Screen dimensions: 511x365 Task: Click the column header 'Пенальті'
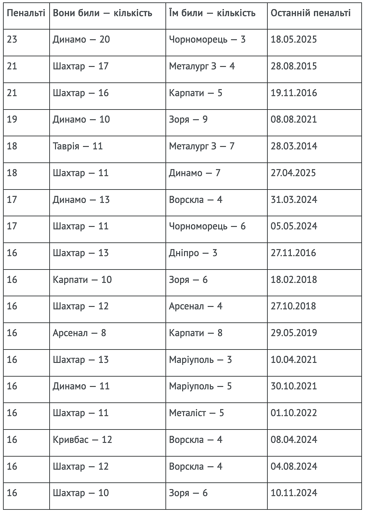click(x=26, y=13)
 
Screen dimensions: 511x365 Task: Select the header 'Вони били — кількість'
click(x=102, y=13)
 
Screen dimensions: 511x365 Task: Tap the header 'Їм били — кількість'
click(x=212, y=13)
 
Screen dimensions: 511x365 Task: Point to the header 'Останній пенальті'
click(x=311, y=13)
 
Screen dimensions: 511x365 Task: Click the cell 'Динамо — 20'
click(x=81, y=40)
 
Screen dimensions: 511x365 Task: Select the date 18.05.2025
click(x=294, y=40)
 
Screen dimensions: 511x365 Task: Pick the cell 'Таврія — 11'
click(x=78, y=146)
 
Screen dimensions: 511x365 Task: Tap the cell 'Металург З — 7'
click(x=202, y=146)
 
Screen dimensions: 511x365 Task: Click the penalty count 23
click(x=12, y=40)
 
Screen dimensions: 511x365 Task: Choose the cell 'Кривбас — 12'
click(x=82, y=440)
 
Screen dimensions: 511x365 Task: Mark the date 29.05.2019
click(x=294, y=333)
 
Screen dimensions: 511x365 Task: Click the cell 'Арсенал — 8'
click(x=79, y=333)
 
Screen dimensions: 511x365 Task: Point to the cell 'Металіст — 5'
click(x=196, y=413)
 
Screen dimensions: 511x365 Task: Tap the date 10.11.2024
click(x=294, y=493)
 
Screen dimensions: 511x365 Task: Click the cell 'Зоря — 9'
click(x=188, y=120)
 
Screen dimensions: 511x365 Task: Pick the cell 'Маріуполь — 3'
click(x=200, y=360)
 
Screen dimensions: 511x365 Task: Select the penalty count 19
click(x=12, y=120)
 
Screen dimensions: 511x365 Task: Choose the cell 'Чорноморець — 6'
click(x=207, y=226)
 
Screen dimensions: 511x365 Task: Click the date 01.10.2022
click(x=294, y=413)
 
